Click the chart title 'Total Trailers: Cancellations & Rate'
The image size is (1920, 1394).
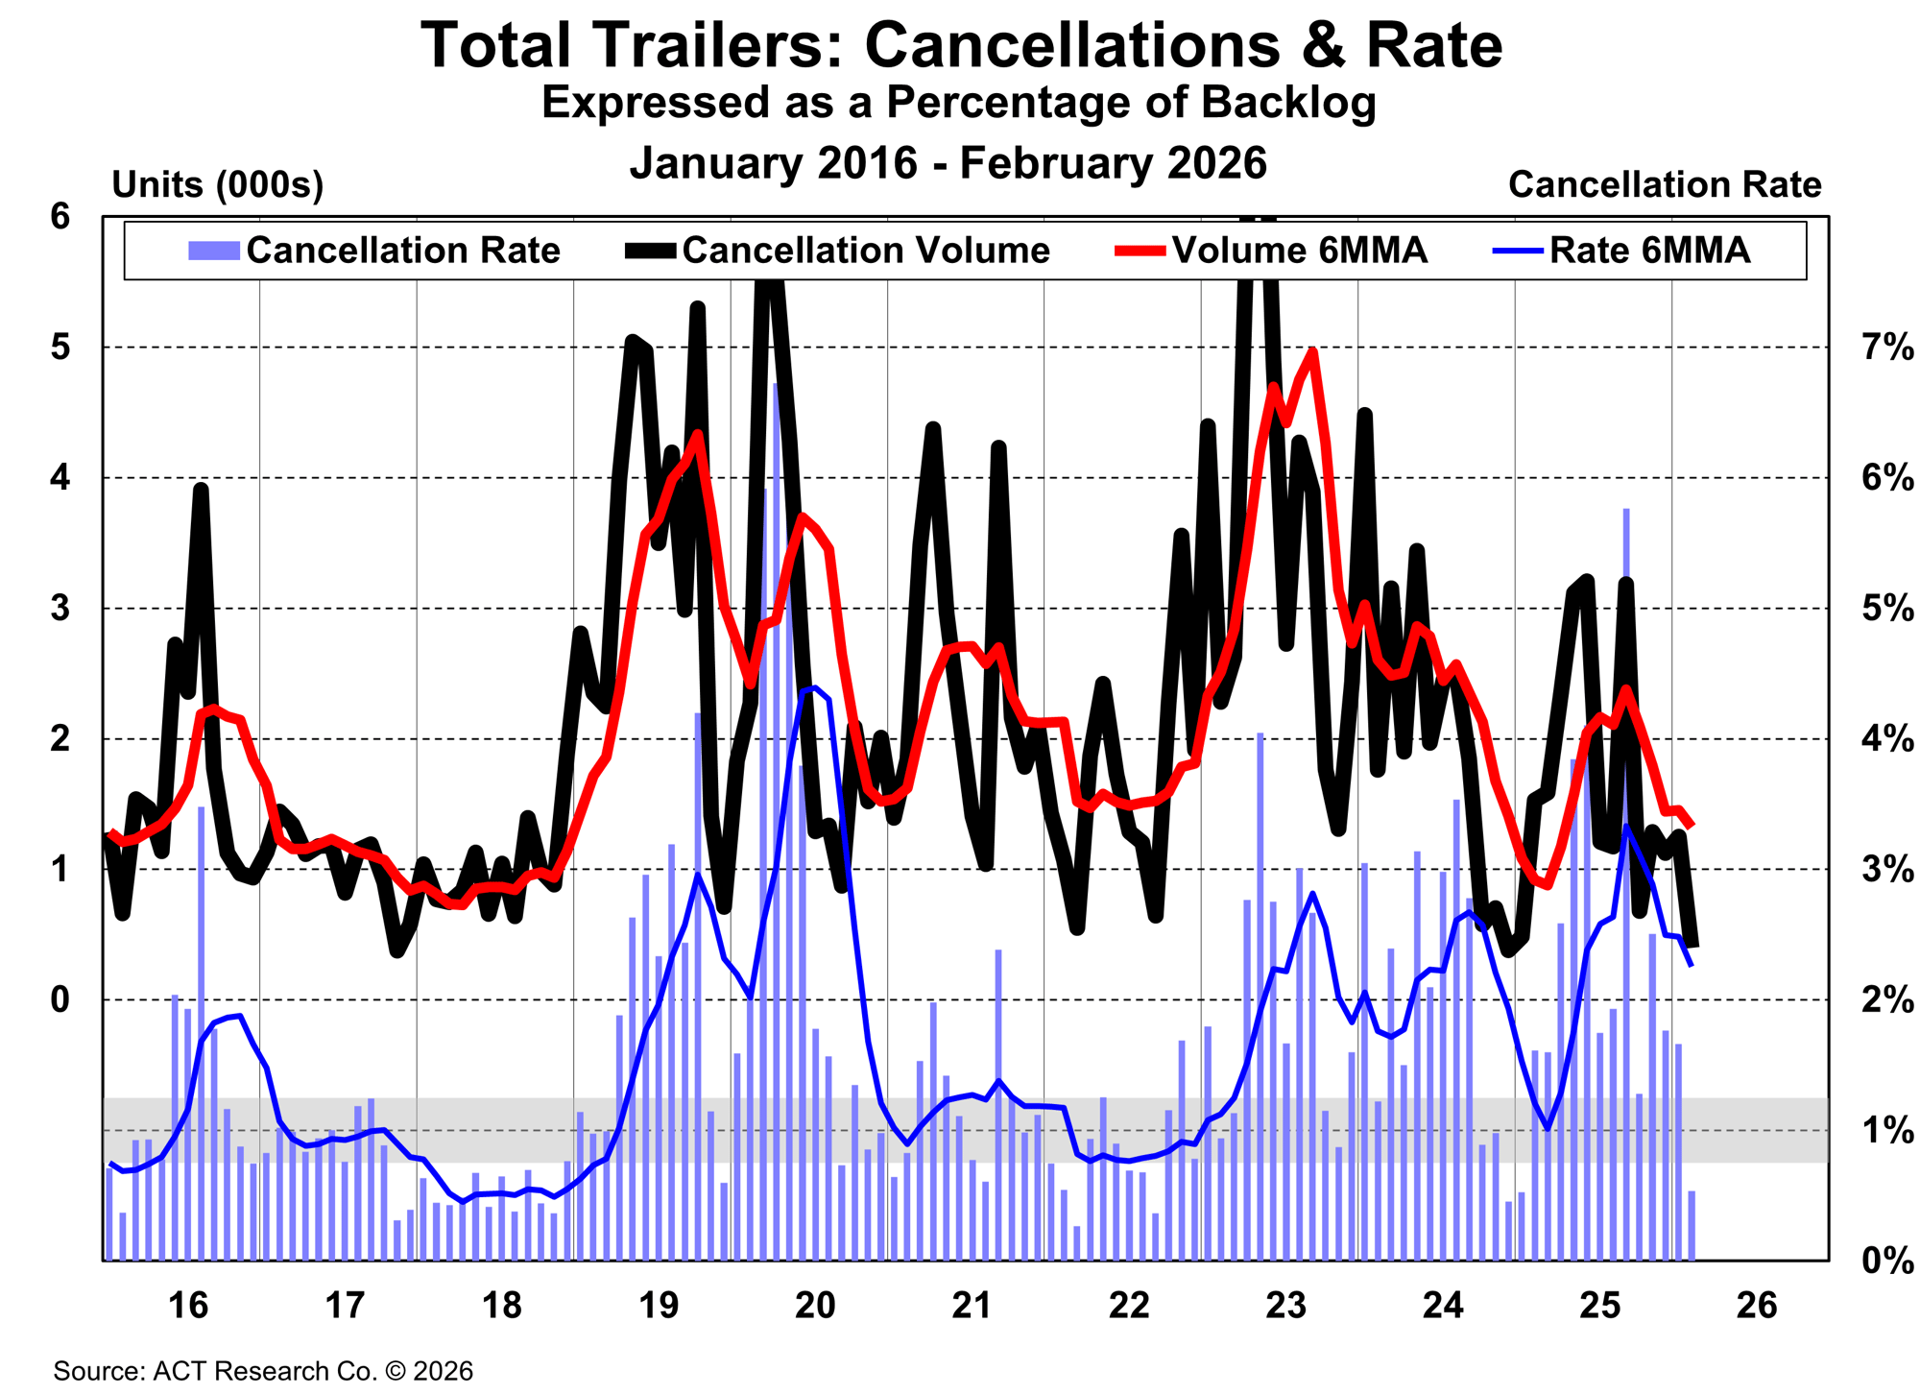961,45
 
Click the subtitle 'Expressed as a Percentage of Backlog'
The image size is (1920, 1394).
958,103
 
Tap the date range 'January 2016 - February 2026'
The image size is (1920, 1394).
948,162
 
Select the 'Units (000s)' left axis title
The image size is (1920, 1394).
218,184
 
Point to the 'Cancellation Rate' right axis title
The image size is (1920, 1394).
1664,184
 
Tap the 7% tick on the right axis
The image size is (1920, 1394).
1887,348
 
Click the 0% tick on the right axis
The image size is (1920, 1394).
1887,1261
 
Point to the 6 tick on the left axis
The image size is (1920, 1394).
61,217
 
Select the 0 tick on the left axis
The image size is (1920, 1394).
61,999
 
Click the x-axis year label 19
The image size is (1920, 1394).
659,1306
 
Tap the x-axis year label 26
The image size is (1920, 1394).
1757,1306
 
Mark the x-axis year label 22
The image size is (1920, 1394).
1129,1306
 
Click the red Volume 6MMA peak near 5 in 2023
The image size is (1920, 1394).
1311,352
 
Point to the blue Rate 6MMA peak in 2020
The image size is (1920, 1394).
814,687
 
